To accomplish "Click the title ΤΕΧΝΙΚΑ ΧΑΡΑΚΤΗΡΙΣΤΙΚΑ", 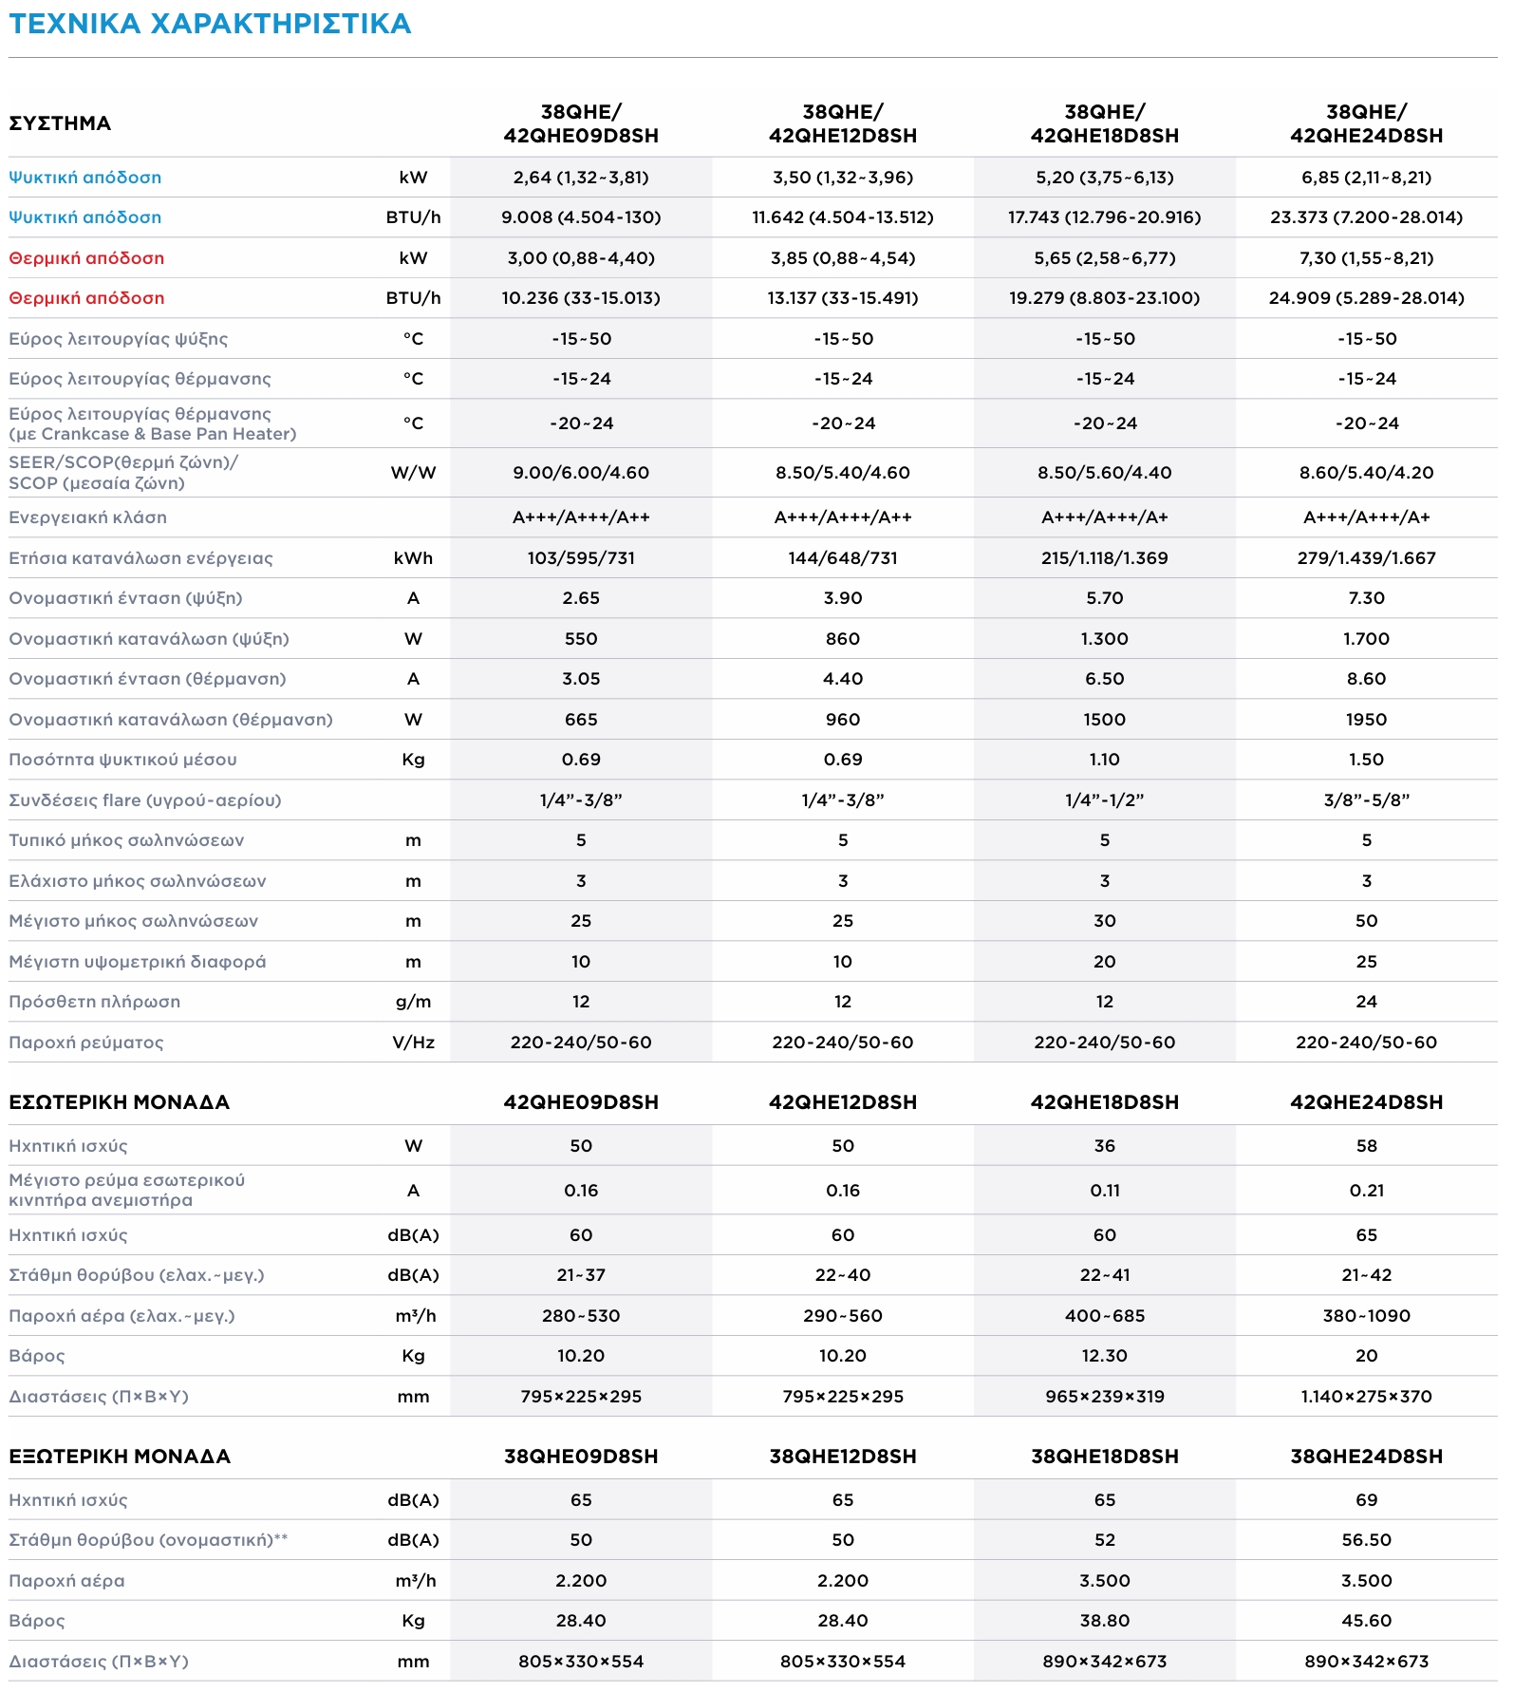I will coord(210,24).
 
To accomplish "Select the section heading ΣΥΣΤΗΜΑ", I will coord(60,123).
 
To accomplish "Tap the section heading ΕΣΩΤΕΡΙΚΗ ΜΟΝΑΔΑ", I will coord(119,1102).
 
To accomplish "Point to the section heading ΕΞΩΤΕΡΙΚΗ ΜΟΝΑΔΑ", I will coord(120,1457).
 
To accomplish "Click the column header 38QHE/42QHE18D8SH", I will coord(1104,123).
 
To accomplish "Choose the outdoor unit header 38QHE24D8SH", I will coord(1366,1457).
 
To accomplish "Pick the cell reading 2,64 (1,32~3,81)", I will coord(581,178).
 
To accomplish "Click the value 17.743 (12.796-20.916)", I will coord(1104,217).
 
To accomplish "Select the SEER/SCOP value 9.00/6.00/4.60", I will coord(581,473).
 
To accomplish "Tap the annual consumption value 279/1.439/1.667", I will coord(1366,558).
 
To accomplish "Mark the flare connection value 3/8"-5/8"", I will coord(1366,800).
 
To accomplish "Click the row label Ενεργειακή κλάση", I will coord(87,517).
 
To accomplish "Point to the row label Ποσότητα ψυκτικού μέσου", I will coord(122,760).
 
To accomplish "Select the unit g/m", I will coord(413,1002).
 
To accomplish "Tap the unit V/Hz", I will coord(413,1043).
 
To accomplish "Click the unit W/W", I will coord(413,473).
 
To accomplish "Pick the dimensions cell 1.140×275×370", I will coord(1366,1397).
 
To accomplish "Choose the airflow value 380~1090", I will coord(1366,1316).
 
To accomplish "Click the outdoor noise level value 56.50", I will coord(1366,1540).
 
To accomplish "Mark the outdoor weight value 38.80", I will coord(1104,1621).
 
